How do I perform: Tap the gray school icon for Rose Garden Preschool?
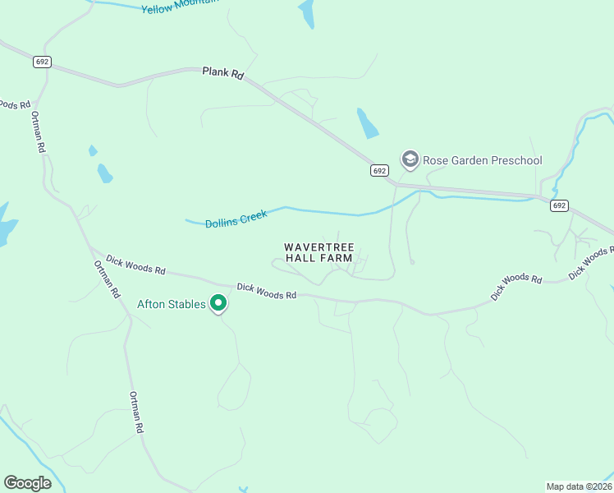410,159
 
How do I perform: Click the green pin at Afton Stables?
218,303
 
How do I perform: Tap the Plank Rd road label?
223,72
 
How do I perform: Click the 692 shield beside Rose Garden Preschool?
378,171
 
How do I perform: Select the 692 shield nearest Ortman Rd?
43,62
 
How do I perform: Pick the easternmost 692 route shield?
559,205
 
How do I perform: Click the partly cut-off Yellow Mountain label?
181,7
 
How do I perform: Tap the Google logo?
27,483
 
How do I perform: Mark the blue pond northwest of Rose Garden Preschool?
367,123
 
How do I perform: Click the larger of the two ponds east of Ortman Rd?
104,173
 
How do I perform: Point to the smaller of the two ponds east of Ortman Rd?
93,151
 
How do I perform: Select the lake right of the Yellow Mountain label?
307,13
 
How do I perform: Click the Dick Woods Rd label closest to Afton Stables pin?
266,291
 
